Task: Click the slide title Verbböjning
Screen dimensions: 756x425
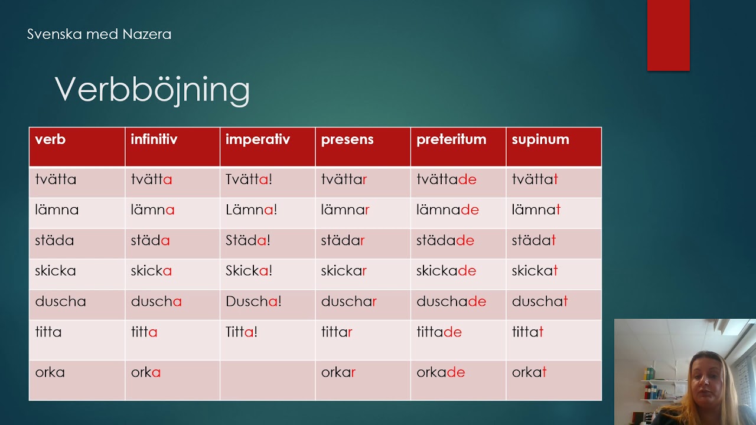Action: [x=152, y=90]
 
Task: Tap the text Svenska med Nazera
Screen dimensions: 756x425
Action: [x=99, y=34]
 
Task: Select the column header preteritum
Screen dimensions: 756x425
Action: [x=451, y=139]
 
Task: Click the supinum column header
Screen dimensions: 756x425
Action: [x=540, y=140]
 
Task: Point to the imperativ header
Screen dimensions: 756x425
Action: [x=258, y=140]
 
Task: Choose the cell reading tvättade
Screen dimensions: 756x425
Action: [x=446, y=179]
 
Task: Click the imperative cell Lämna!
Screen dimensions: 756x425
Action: [x=252, y=210]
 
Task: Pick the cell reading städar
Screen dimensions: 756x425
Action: [x=343, y=240]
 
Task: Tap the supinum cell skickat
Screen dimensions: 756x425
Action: [x=535, y=271]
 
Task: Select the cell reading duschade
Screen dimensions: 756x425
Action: [x=451, y=301]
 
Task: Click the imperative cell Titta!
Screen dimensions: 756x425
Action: [x=242, y=332]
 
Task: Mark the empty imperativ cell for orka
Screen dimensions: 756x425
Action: [x=268, y=381]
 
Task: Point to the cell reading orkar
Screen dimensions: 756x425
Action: [x=338, y=372]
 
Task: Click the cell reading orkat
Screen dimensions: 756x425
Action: [x=529, y=372]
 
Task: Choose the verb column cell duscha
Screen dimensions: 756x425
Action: [x=60, y=301]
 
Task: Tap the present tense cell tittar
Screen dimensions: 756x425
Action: [x=337, y=332]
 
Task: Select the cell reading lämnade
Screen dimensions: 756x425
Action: [x=448, y=210]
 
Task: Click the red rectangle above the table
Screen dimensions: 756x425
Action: [x=668, y=35]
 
